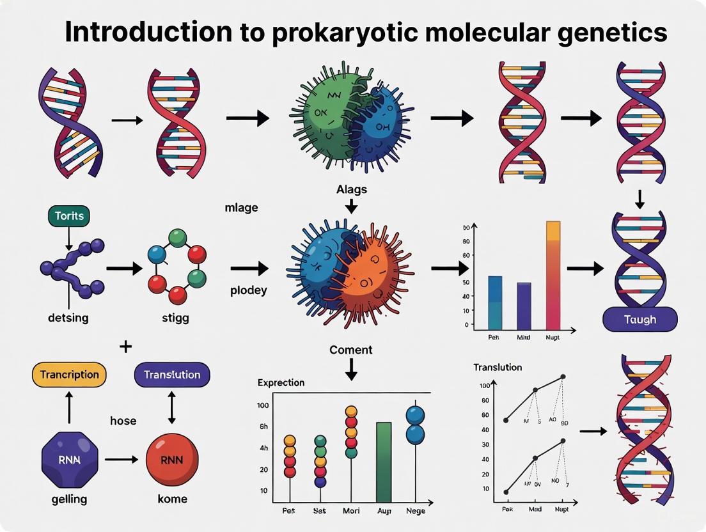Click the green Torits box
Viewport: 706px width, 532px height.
pyautogui.click(x=68, y=215)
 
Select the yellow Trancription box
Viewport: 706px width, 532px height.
pyautogui.click(x=69, y=375)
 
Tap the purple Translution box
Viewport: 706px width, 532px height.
pyautogui.click(x=172, y=375)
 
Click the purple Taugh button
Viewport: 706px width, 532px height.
pyautogui.click(x=639, y=319)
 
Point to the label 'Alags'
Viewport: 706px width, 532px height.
pyautogui.click(x=352, y=189)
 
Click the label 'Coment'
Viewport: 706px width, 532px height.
pyautogui.click(x=350, y=350)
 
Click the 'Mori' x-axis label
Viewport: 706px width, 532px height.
pyautogui.click(x=351, y=512)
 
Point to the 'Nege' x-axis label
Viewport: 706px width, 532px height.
pyautogui.click(x=416, y=512)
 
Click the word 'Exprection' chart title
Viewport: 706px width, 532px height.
pyautogui.click(x=281, y=382)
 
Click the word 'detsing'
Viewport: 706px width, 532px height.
pyautogui.click(x=68, y=317)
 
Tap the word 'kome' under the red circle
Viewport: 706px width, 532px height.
pyautogui.click(x=172, y=499)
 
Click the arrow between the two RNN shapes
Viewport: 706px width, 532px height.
pyautogui.click(x=120, y=459)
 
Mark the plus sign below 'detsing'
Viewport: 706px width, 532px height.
pyautogui.click(x=125, y=347)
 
